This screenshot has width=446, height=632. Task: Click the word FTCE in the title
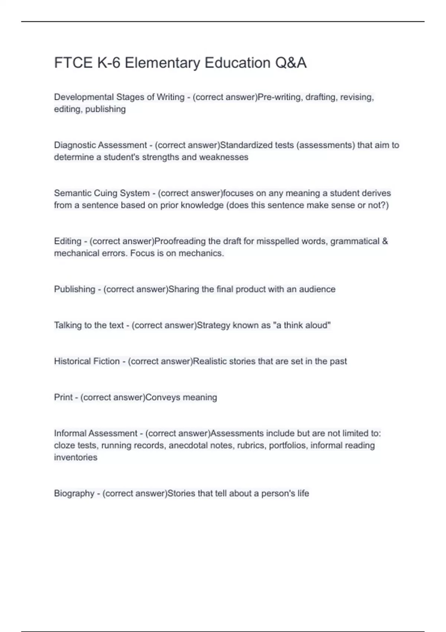tap(73, 63)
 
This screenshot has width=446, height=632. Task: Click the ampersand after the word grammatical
tap(385, 241)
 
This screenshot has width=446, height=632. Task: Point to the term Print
tap(63, 397)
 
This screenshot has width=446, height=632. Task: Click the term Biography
tap(74, 493)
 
